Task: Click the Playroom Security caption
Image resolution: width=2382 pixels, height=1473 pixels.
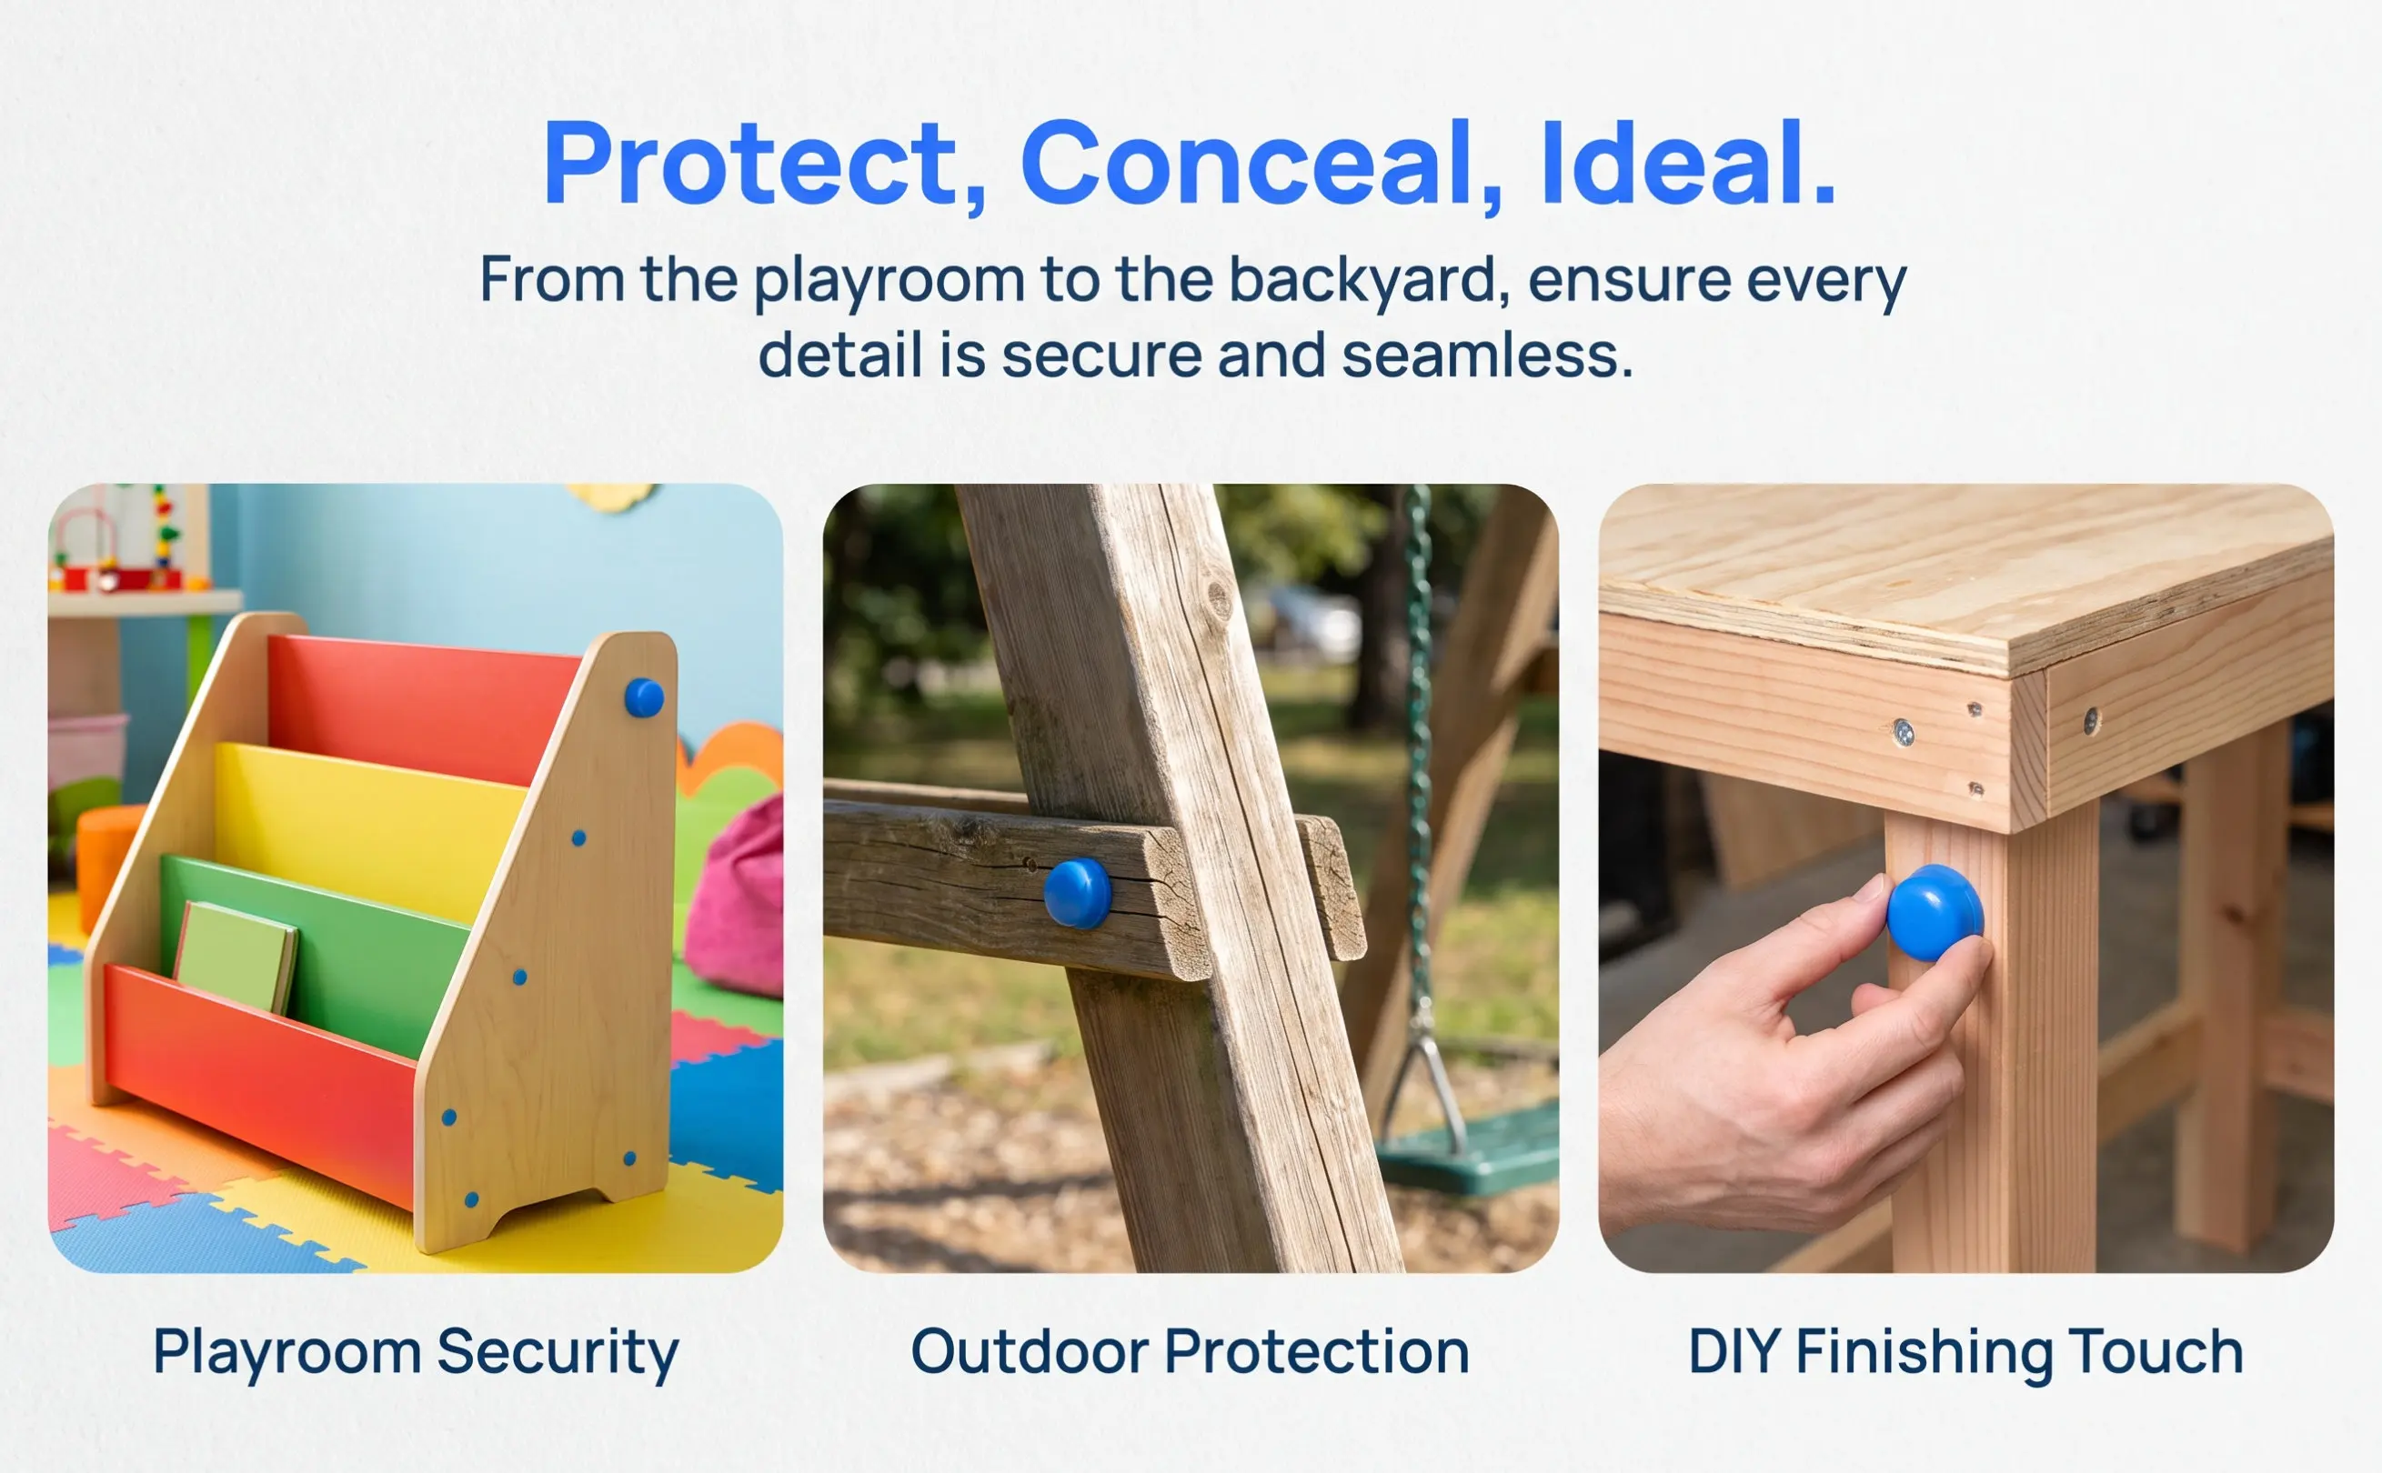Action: [416, 1353]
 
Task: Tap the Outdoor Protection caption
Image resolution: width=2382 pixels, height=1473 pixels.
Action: [1190, 1351]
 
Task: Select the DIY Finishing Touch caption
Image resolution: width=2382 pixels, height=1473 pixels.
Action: [1965, 1353]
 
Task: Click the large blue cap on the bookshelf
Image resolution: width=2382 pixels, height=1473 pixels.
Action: [644, 697]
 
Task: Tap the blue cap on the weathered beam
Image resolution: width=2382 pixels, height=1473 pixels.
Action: [1078, 892]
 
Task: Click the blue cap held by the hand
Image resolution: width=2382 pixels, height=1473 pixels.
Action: [1935, 913]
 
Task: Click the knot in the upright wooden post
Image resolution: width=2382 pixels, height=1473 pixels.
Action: [1218, 596]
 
